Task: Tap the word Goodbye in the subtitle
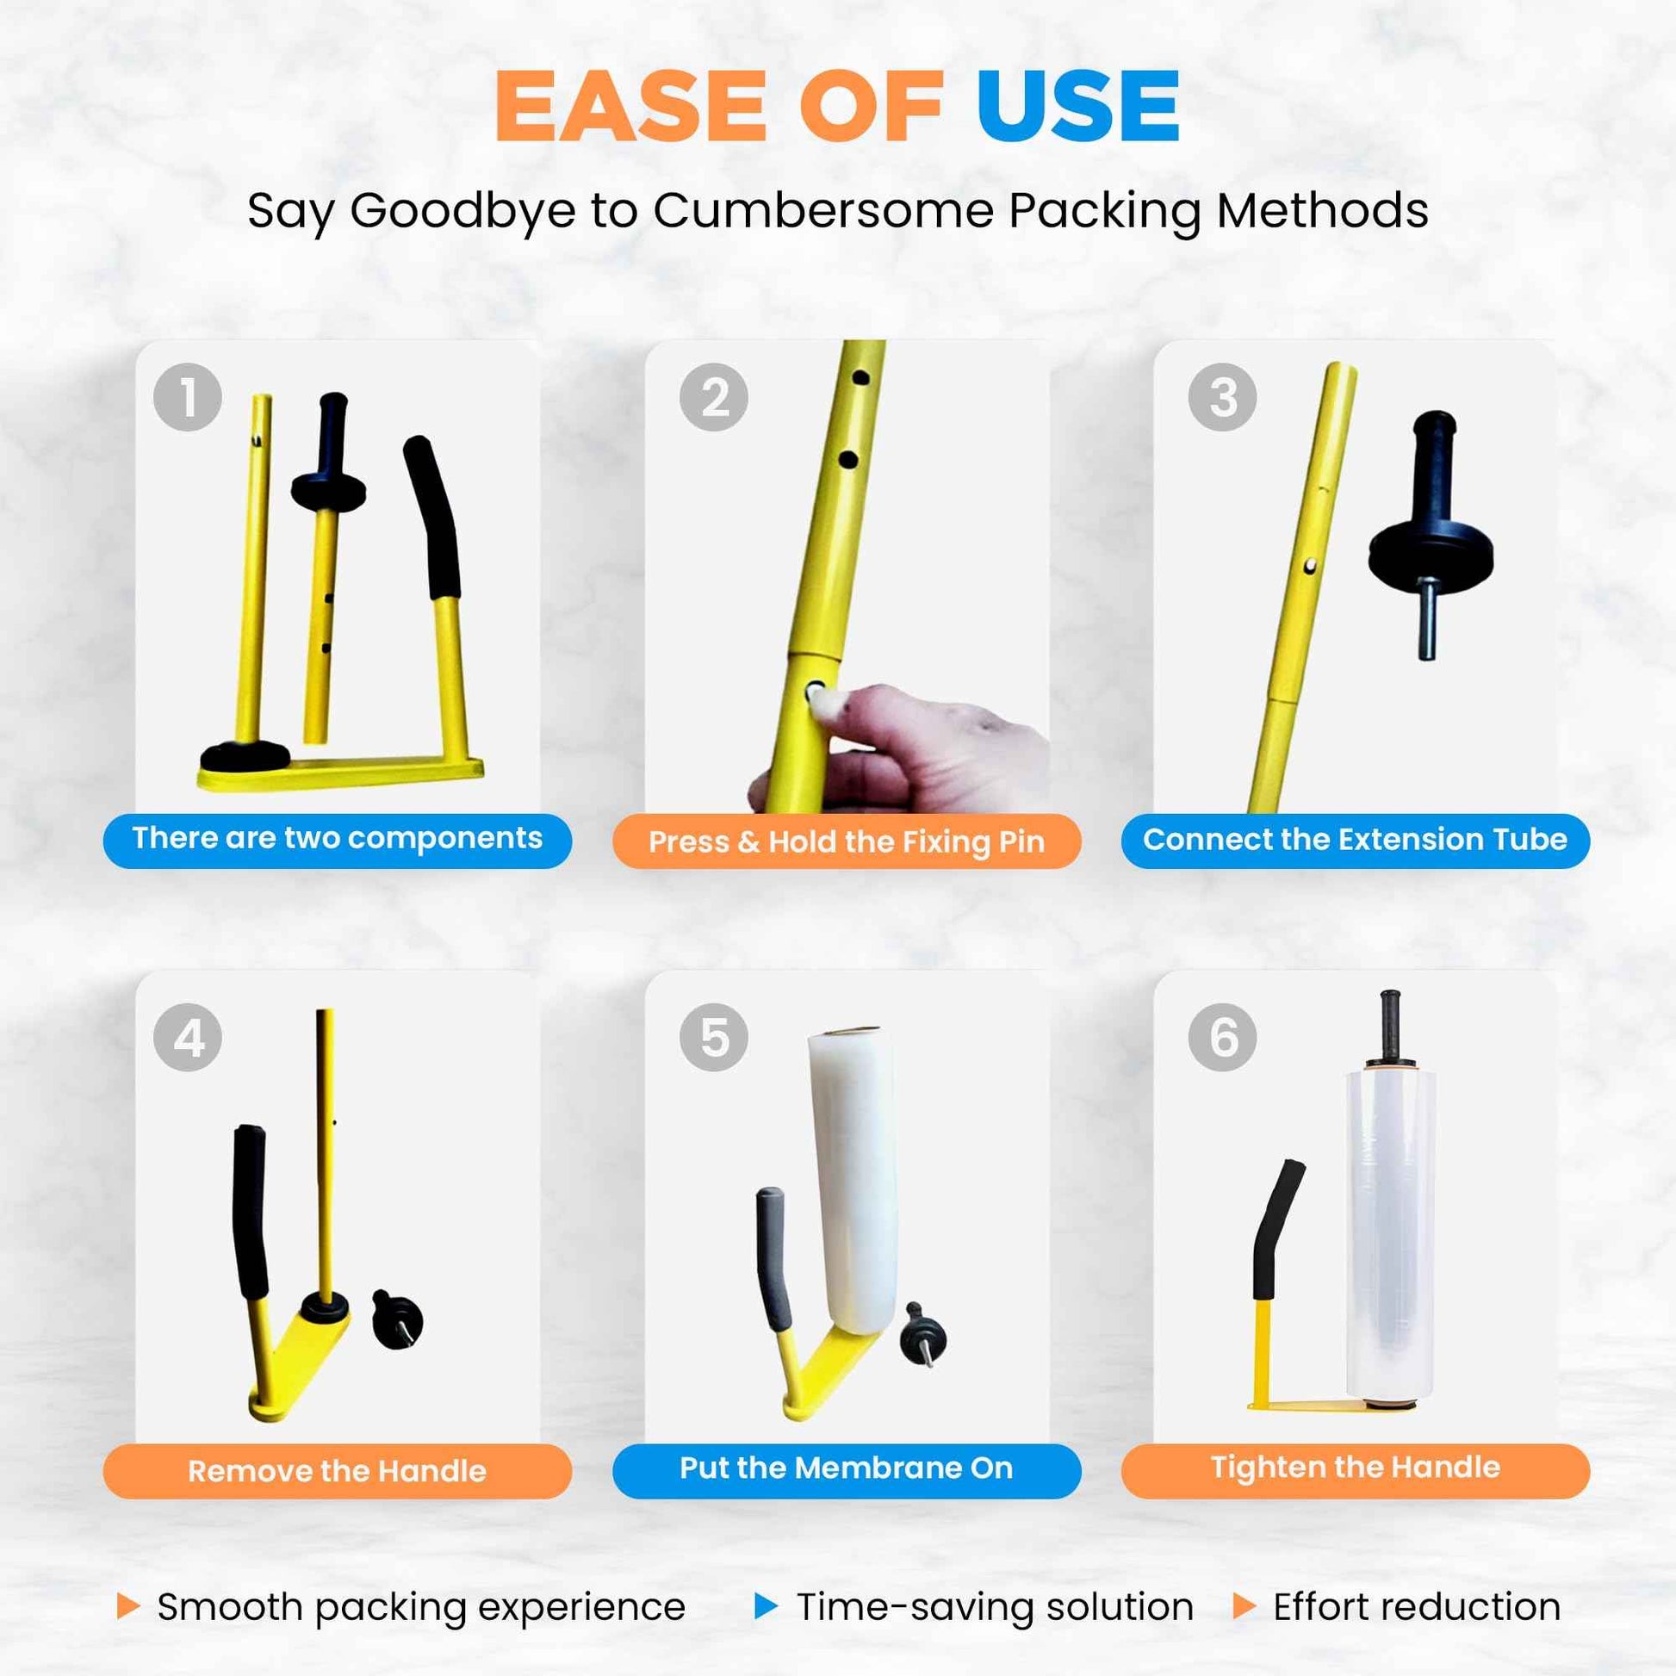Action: click(462, 212)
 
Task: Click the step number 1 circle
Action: click(188, 397)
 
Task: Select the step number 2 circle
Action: click(714, 397)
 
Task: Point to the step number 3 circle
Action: click(1222, 397)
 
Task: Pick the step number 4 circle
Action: click(188, 1038)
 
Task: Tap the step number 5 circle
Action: click(714, 1038)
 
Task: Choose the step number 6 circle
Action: click(1222, 1038)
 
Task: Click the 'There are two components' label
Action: click(338, 841)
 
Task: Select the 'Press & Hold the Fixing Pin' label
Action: click(847, 841)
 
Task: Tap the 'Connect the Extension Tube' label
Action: click(1355, 841)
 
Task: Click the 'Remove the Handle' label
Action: click(338, 1471)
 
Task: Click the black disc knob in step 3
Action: click(1431, 556)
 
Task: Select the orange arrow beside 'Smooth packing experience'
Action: click(127, 1605)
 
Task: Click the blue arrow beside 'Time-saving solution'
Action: click(766, 1605)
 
